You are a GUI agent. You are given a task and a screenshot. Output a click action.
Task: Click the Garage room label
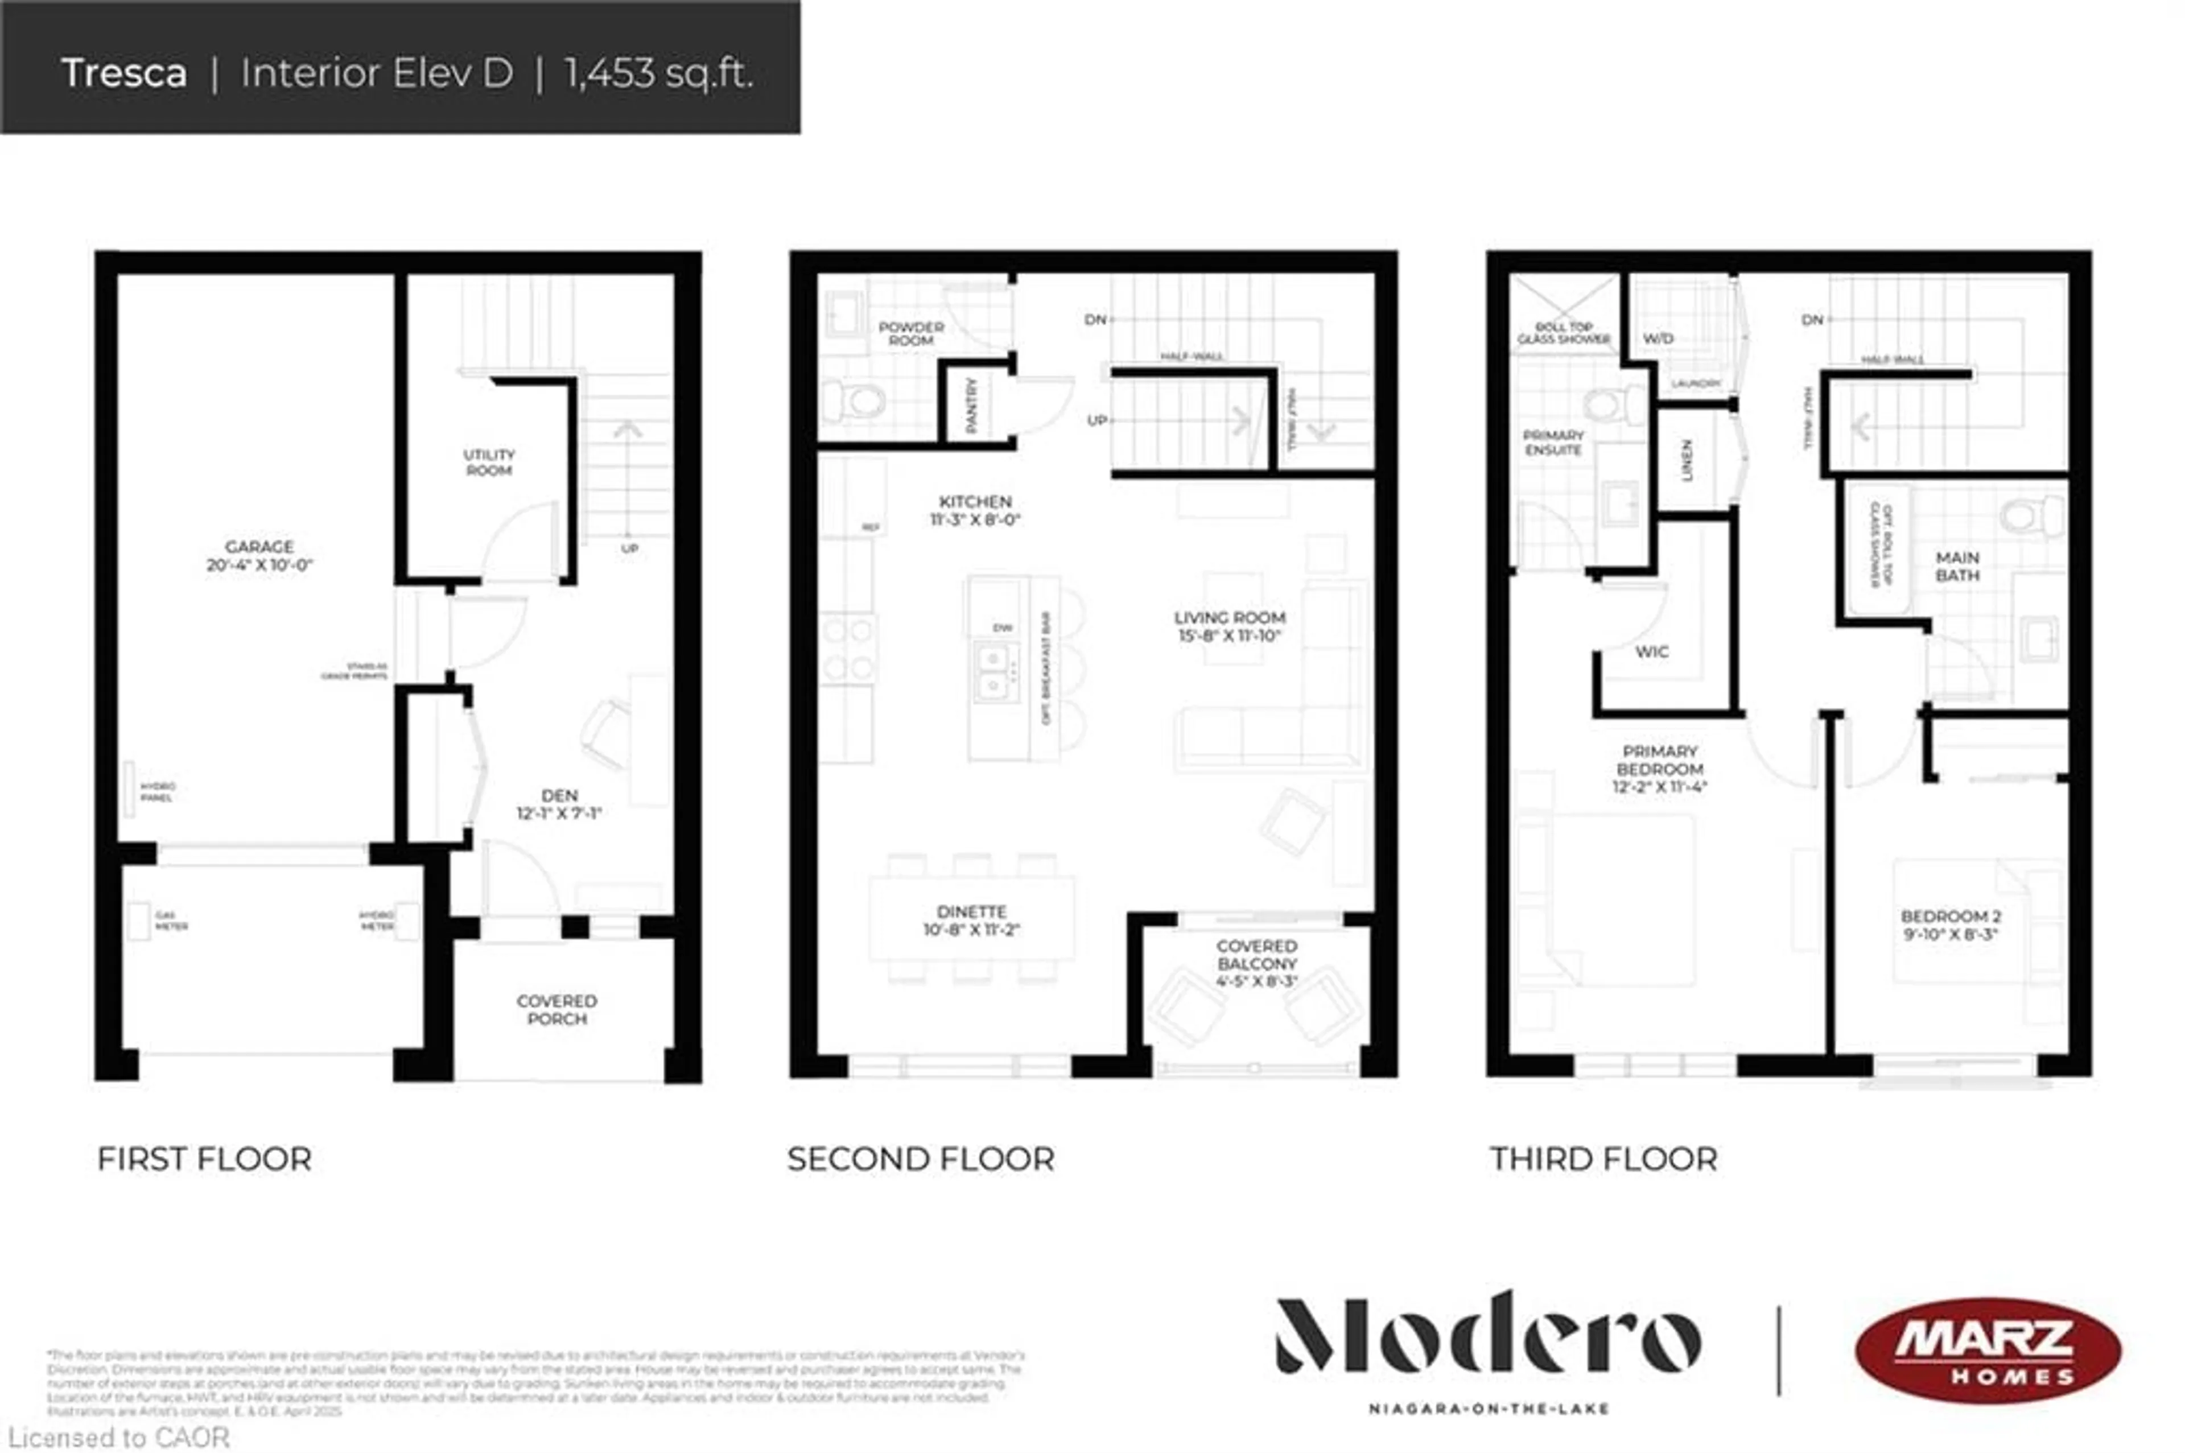click(259, 547)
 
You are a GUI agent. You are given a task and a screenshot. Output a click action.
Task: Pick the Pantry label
click(971, 405)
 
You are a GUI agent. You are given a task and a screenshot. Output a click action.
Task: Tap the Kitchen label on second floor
click(975, 501)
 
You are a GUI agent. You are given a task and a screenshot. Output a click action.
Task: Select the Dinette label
click(971, 912)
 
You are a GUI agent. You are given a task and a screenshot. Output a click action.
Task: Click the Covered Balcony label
click(1256, 955)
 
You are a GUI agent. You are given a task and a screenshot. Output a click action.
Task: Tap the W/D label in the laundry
click(1658, 339)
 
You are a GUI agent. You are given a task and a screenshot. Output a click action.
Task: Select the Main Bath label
click(1957, 566)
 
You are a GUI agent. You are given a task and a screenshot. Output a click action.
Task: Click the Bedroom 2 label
click(1951, 917)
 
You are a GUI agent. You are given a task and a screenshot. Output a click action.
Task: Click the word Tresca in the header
click(124, 73)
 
